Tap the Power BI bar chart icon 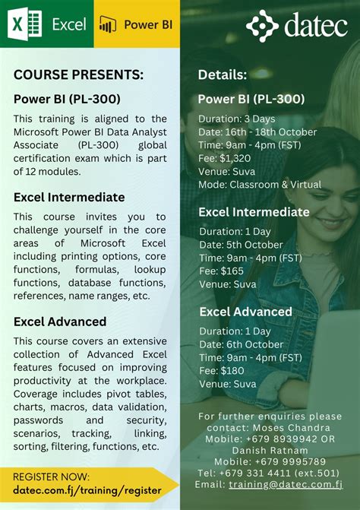click(x=109, y=24)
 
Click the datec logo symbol click(x=262, y=26)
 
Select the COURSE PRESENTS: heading click(x=78, y=74)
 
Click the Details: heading click(x=222, y=74)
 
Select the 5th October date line click(x=240, y=245)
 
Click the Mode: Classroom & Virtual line click(x=259, y=185)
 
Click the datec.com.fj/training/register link click(x=87, y=490)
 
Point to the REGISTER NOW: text click(x=51, y=477)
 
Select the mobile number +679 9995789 click(x=270, y=461)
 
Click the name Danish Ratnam click(x=270, y=450)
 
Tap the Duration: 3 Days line click(x=237, y=119)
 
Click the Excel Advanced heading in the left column click(x=60, y=322)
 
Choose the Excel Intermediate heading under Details click(x=254, y=212)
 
